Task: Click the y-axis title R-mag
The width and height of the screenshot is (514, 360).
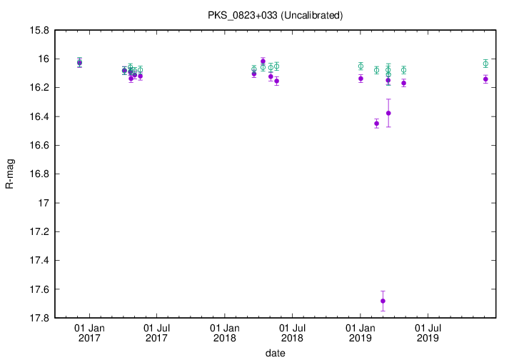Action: point(9,174)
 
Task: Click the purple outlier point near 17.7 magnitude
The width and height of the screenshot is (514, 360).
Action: point(383,301)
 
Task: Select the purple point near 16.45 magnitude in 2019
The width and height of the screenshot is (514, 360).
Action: point(376,124)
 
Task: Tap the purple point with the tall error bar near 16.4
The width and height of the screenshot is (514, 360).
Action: point(388,113)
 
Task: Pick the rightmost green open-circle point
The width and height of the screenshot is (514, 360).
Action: point(485,64)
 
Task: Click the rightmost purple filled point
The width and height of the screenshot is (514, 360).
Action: point(485,79)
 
